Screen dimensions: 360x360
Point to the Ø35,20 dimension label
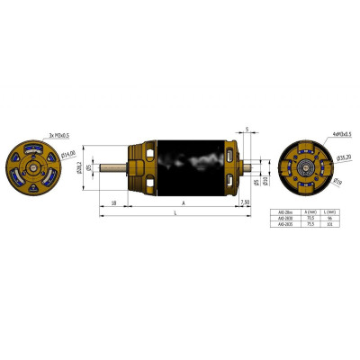pos(342,157)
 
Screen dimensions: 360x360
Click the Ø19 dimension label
pos(337,184)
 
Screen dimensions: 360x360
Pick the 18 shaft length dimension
pos(113,203)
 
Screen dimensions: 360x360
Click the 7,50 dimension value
pos(247,203)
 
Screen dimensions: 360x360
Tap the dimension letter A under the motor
pos(184,203)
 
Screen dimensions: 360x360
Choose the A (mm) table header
pos(310,211)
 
